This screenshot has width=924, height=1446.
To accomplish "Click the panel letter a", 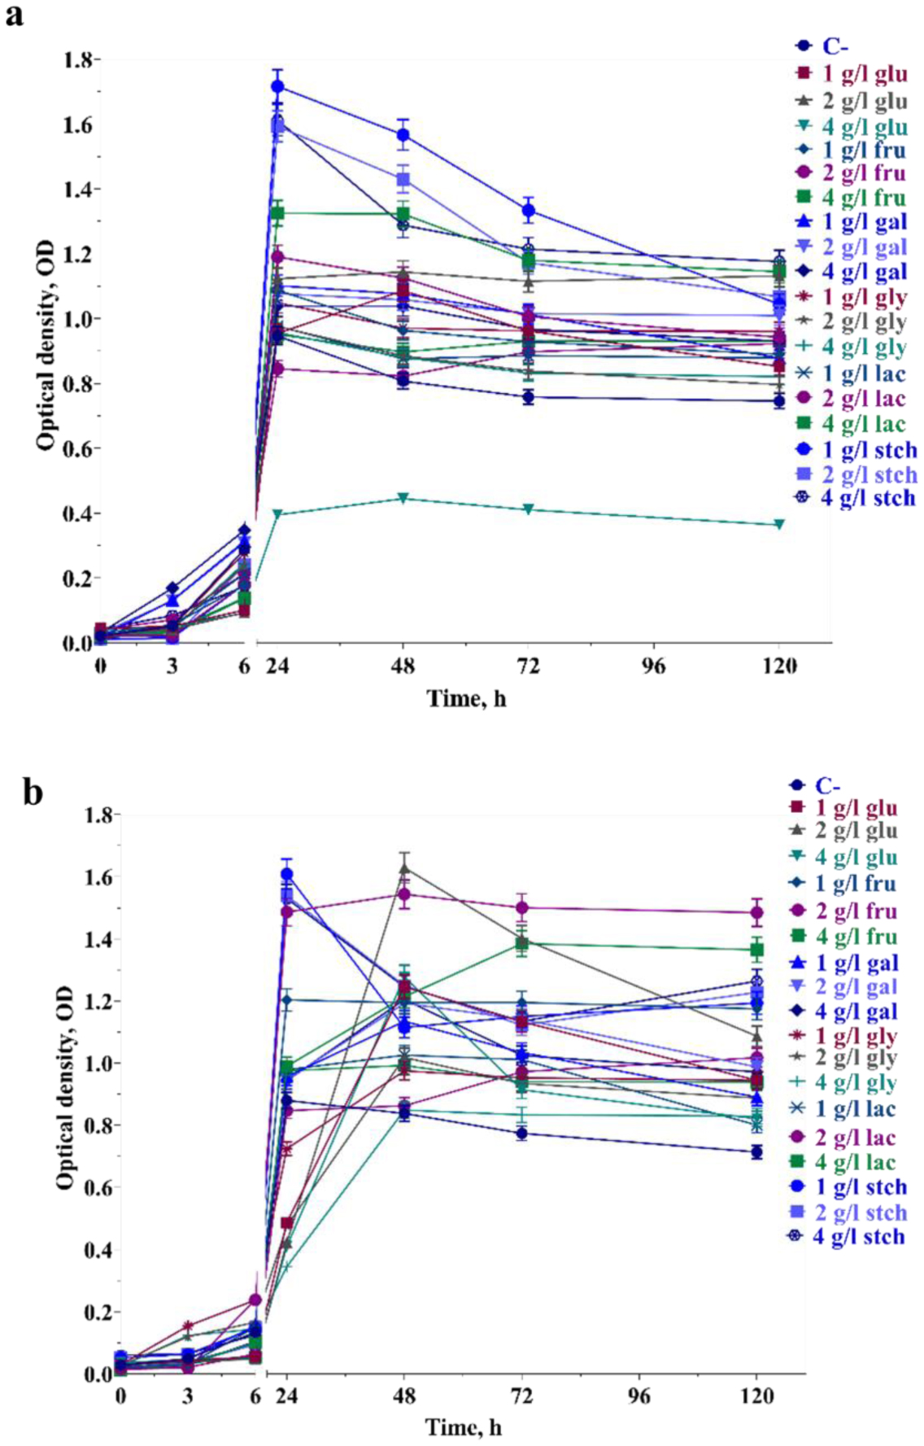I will (x=14, y=15).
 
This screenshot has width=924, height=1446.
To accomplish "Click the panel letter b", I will (x=32, y=791).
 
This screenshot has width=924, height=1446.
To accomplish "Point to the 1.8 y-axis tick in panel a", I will (x=79, y=60).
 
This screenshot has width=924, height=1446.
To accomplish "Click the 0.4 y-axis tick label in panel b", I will (x=98, y=1249).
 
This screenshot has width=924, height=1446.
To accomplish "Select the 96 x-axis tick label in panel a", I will (x=654, y=667).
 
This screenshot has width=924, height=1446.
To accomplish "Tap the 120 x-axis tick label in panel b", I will (x=757, y=1396).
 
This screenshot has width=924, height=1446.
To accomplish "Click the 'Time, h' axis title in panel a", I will (x=467, y=698).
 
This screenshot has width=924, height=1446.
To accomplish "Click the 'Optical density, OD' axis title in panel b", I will (x=65, y=1088).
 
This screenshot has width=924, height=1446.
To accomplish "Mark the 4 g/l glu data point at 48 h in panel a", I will (x=403, y=498).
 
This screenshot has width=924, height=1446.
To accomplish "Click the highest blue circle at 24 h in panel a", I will (x=278, y=86).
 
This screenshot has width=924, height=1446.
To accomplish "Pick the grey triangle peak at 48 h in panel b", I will (x=404, y=868).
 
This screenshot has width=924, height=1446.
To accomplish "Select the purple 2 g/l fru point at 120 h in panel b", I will (x=757, y=912).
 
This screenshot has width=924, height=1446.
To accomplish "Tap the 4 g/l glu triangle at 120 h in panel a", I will (x=779, y=524).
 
